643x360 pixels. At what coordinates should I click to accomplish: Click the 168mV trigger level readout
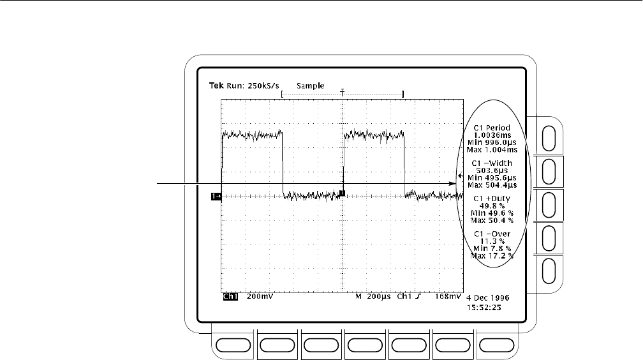tap(447, 297)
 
